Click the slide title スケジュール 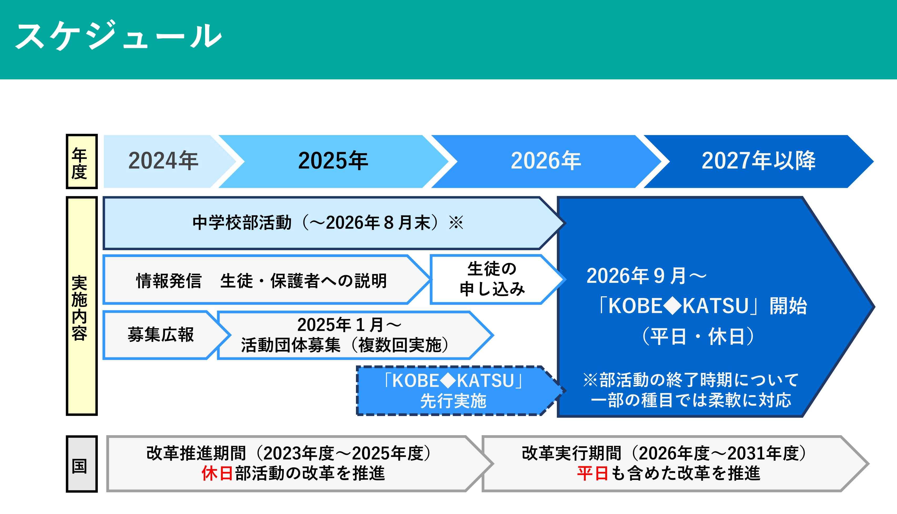pos(118,35)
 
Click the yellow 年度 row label pos(81,162)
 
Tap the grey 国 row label pos(81,464)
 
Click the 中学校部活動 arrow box pos(334,223)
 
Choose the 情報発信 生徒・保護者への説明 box pos(267,280)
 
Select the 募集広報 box pos(166,335)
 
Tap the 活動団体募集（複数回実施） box pos(355,335)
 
